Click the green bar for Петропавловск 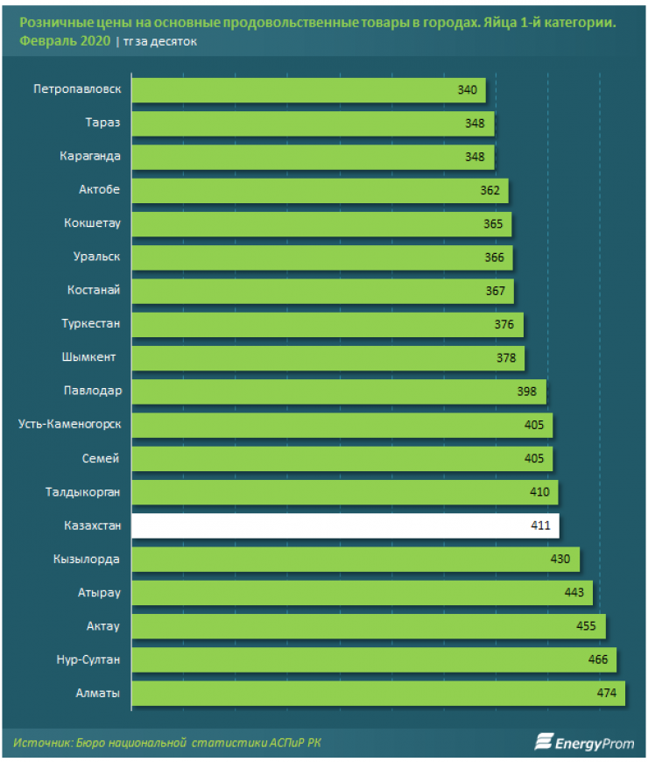click(x=306, y=90)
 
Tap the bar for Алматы click(x=377, y=694)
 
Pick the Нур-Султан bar click(x=372, y=660)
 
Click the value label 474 click(x=608, y=694)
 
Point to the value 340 click(x=467, y=90)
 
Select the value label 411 click(x=540, y=526)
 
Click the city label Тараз click(x=103, y=123)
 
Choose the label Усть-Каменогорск click(x=69, y=425)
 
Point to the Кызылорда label click(x=86, y=560)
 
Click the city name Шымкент click(x=94, y=357)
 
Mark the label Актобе click(x=99, y=190)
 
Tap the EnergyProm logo click(x=584, y=743)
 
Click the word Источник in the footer click(x=42, y=743)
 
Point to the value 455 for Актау click(x=585, y=626)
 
